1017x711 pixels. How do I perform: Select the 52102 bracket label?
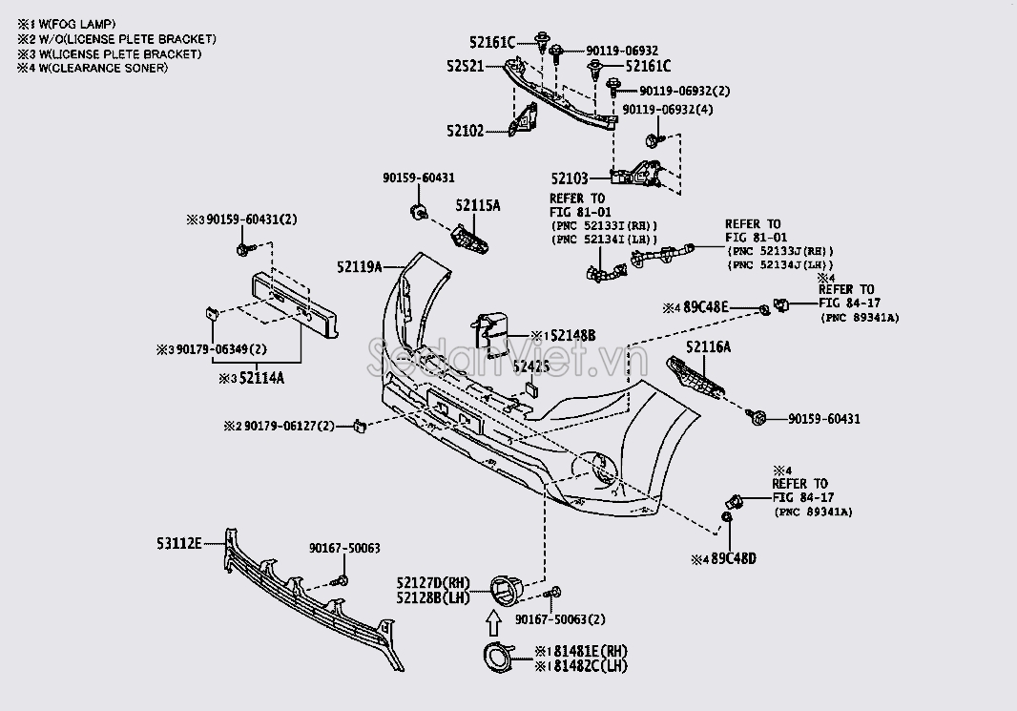[488, 130]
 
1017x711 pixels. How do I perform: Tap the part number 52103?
[571, 178]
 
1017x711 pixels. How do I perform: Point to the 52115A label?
[477, 205]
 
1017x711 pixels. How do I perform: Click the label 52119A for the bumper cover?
[360, 266]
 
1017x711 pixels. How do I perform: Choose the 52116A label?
[708, 347]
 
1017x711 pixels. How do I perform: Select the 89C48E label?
[705, 307]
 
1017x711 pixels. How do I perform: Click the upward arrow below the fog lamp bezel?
[491, 623]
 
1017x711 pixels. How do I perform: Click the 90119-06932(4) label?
[668, 110]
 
